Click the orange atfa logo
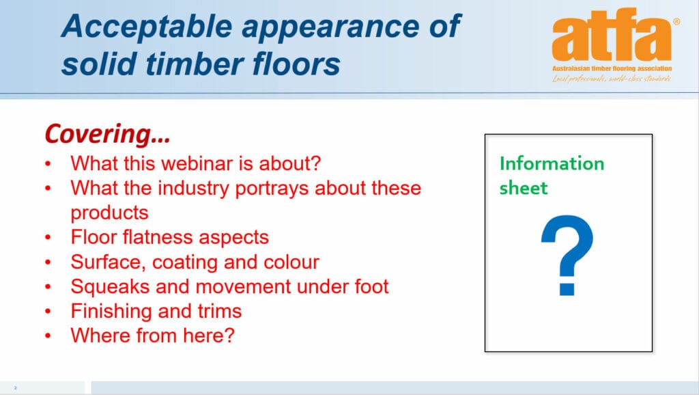coord(612,38)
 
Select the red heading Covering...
coord(107,135)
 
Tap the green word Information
coord(552,164)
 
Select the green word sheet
coord(524,188)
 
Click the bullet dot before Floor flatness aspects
coord(48,238)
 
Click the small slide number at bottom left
coord(15,388)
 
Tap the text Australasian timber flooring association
coord(612,68)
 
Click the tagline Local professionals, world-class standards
coord(612,79)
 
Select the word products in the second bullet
coord(109,213)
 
